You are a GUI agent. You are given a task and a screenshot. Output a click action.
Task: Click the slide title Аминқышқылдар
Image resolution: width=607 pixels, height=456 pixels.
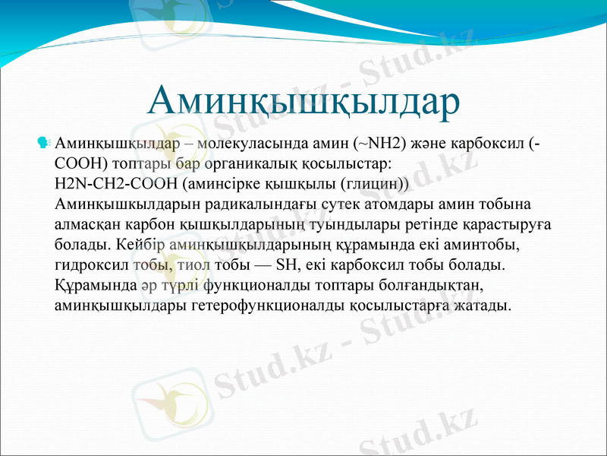pos(303,100)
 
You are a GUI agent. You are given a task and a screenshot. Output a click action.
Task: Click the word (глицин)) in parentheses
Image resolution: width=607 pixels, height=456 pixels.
pos(376,183)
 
